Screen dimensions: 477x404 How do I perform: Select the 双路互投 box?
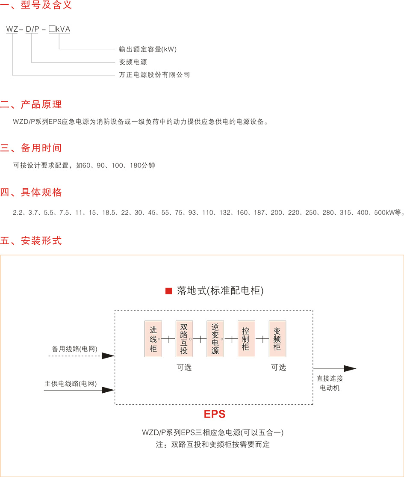[x=184, y=339]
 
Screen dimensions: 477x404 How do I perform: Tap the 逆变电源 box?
[x=215, y=339]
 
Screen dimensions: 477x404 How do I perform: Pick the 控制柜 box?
[x=246, y=339]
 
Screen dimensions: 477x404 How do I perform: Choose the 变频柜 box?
[x=277, y=339]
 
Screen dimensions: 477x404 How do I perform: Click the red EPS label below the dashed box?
[x=214, y=414]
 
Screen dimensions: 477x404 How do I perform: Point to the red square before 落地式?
[x=168, y=291]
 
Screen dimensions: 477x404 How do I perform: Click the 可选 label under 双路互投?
[x=184, y=367]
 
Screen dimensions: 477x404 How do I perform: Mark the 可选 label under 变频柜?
[x=278, y=367]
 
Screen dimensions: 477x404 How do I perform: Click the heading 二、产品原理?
[x=31, y=104]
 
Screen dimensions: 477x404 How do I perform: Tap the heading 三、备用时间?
[x=31, y=148]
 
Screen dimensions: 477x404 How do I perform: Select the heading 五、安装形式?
[x=31, y=241]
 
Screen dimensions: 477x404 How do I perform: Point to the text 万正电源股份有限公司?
[x=154, y=75]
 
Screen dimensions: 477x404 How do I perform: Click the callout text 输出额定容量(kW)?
[x=147, y=49]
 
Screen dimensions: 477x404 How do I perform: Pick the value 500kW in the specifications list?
[x=383, y=212]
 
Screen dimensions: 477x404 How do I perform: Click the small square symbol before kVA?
[x=51, y=29]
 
